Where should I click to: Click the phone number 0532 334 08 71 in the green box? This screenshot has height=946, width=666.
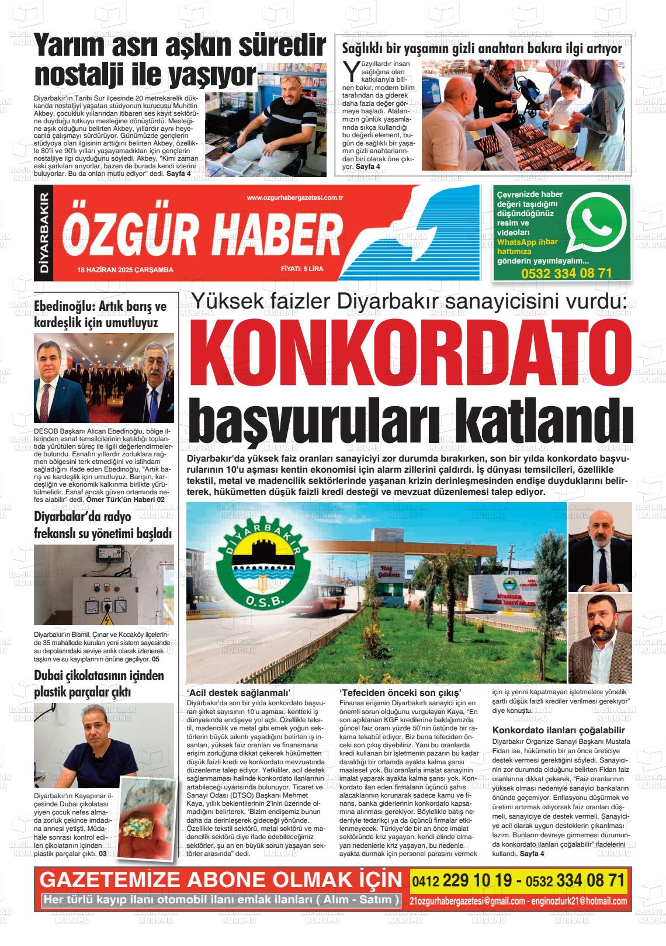[x=566, y=273]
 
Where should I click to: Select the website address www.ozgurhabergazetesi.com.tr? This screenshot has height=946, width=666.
[x=294, y=198]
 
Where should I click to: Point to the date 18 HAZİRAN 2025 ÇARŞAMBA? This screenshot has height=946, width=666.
[x=125, y=269]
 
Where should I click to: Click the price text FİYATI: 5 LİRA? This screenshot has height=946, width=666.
[x=302, y=269]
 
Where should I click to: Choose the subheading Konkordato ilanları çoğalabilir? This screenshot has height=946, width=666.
[x=559, y=730]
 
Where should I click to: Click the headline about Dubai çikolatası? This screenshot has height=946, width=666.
[x=99, y=684]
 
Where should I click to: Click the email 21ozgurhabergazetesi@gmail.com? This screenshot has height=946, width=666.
[x=467, y=901]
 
